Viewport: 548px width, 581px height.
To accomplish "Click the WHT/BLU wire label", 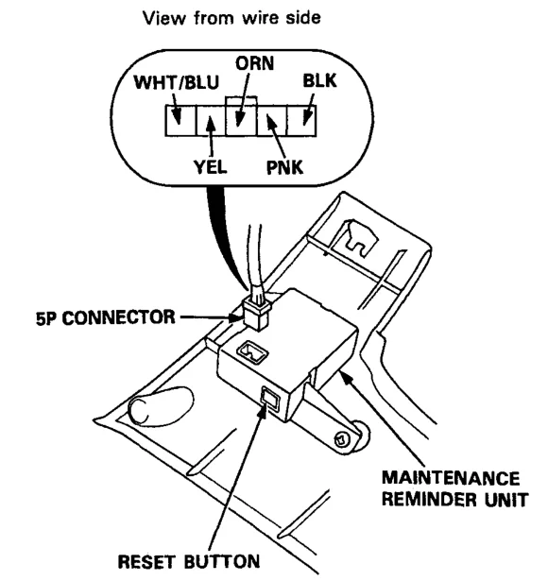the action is pyautogui.click(x=177, y=82).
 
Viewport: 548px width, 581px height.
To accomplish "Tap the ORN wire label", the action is pyautogui.click(x=254, y=63).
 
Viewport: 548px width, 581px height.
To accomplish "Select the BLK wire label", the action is pyautogui.click(x=319, y=81).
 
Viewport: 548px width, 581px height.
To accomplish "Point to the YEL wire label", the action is pyautogui.click(x=211, y=167).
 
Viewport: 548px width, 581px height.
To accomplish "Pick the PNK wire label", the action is pyautogui.click(x=284, y=167).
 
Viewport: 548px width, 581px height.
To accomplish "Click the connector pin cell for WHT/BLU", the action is pyautogui.click(x=180, y=121).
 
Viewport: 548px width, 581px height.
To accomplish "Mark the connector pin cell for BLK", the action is pyautogui.click(x=301, y=121).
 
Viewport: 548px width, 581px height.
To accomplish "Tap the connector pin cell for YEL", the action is pyautogui.click(x=211, y=121).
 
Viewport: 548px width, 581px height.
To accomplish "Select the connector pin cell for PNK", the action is pyautogui.click(x=271, y=121).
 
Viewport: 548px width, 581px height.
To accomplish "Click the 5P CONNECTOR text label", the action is pyautogui.click(x=105, y=318).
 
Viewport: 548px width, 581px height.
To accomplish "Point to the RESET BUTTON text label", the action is pyautogui.click(x=189, y=561).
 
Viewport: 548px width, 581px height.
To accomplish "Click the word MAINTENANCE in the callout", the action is pyautogui.click(x=451, y=478).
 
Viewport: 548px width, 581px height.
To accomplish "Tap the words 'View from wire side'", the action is pyautogui.click(x=231, y=17).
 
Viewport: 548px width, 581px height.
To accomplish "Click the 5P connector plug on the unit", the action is pyautogui.click(x=257, y=313).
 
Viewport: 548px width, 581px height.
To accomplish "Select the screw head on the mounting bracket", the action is pyautogui.click(x=342, y=440).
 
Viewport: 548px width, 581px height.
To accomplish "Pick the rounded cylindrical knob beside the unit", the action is pyautogui.click(x=160, y=405).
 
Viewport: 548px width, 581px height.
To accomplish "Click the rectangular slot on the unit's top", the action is pyautogui.click(x=253, y=351).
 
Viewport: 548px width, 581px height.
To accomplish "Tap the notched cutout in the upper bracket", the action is pyautogui.click(x=358, y=239).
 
